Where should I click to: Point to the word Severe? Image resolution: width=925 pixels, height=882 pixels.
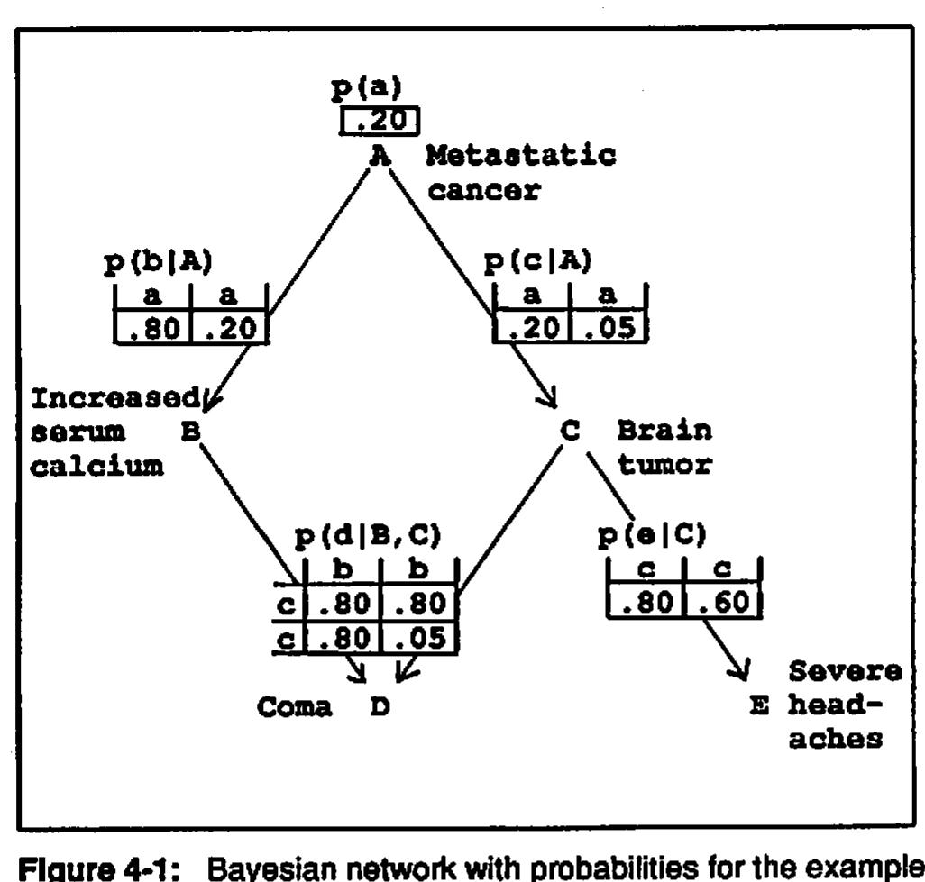845,672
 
